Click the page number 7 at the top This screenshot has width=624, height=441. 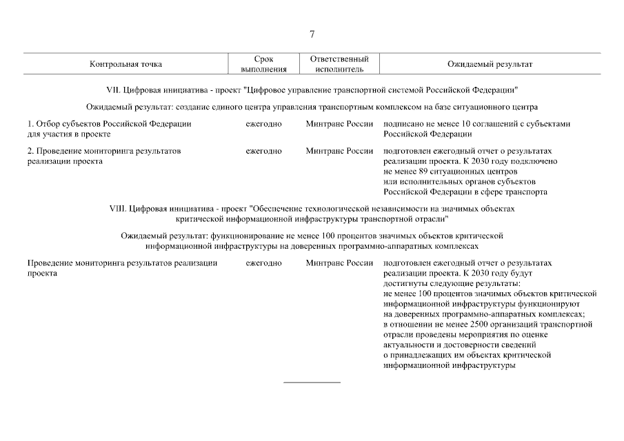312,34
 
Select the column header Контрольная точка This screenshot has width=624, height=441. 125,64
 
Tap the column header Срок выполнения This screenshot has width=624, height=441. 264,64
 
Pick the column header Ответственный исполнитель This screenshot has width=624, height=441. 339,64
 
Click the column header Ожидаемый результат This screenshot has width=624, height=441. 490,64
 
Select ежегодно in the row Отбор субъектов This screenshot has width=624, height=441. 263,124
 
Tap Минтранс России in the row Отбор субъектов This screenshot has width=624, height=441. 339,124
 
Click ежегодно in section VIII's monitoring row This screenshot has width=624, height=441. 263,263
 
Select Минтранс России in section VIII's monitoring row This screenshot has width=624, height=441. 339,263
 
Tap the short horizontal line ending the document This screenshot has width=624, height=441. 312,382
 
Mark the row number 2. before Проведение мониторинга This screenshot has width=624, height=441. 30,151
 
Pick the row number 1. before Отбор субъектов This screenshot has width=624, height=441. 30,124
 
